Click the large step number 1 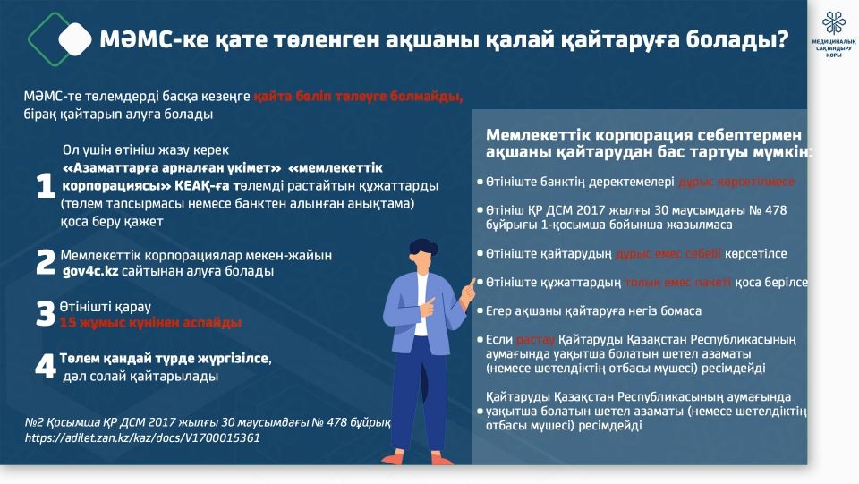pyautogui.click(x=46, y=188)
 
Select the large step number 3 pyautogui.click(x=46, y=314)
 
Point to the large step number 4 pyautogui.click(x=46, y=368)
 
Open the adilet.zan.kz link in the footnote pyautogui.click(x=142, y=437)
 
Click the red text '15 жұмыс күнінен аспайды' pyautogui.click(x=150, y=322)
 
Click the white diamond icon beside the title pyautogui.click(x=75, y=38)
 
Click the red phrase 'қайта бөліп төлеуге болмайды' pyautogui.click(x=358, y=96)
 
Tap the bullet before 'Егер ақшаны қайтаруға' pyautogui.click(x=481, y=311)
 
